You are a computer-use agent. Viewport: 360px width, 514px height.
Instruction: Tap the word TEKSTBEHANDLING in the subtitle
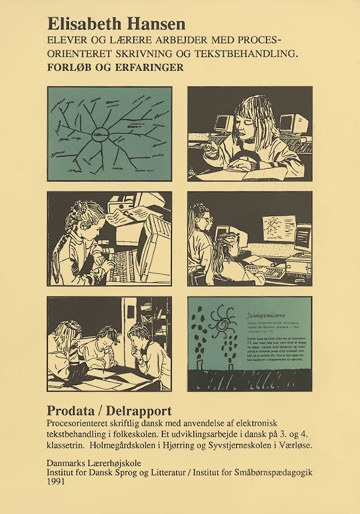pos(246,52)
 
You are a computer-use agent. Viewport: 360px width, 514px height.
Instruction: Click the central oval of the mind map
pos(101,134)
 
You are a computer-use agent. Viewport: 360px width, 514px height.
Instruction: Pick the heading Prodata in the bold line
pos(74,410)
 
